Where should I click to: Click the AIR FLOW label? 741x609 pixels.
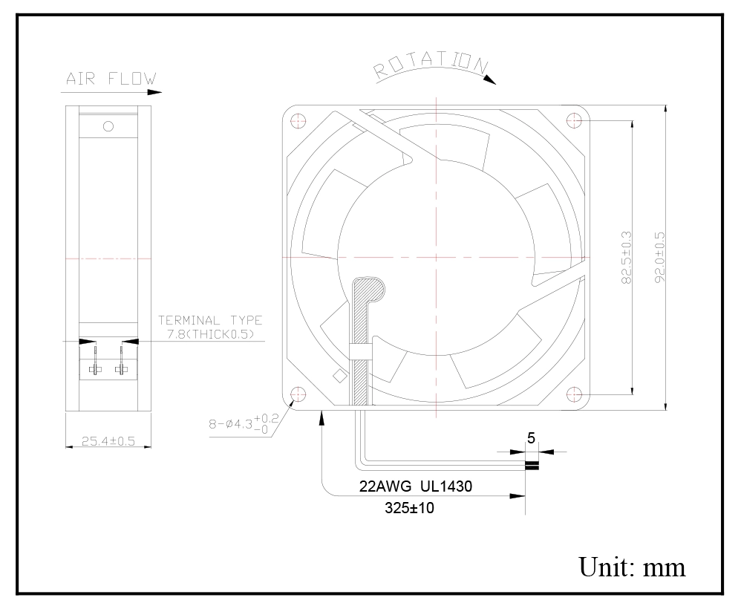(111, 79)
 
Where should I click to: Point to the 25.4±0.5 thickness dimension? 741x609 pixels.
(108, 441)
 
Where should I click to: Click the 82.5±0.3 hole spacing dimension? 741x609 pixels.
(626, 258)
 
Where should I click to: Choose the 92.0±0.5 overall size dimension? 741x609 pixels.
(660, 258)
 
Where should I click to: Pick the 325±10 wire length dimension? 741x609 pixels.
(409, 508)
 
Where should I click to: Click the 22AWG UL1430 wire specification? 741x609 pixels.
(416, 486)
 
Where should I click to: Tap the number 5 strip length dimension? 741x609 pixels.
(531, 438)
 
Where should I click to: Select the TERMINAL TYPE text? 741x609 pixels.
(210, 321)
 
